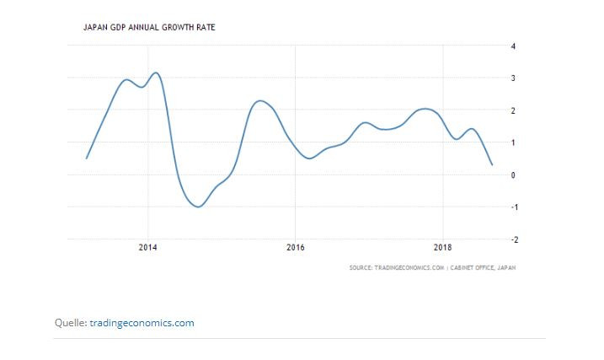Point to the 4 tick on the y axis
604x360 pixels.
[514, 46]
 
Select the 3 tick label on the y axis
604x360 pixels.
[514, 78]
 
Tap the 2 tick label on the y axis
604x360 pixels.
[514, 110]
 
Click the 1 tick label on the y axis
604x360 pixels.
[514, 142]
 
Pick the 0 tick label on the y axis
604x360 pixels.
[514, 175]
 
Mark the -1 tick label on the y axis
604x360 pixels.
[513, 207]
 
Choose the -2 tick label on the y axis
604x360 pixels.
[513, 239]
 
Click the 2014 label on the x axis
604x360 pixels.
[147, 248]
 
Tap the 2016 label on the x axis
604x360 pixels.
[295, 248]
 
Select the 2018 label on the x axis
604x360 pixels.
[442, 248]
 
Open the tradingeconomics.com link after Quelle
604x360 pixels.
[142, 322]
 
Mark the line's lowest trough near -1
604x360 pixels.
[199, 207]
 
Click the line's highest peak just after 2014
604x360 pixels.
[156, 73]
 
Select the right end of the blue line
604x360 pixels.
[492, 164]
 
